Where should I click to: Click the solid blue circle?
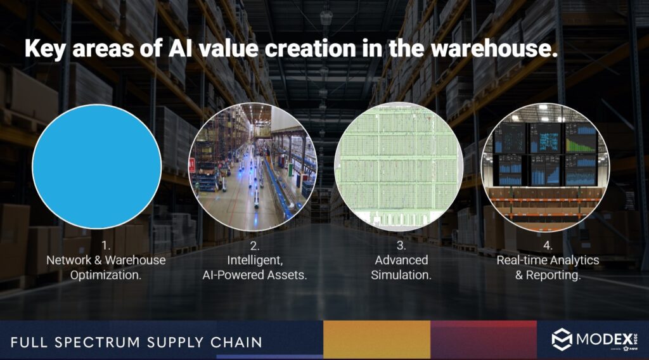pos(96,167)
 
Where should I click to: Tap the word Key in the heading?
pos(45,49)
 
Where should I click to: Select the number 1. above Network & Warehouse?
pos(105,245)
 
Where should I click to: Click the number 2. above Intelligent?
pos(254,245)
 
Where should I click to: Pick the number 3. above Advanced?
pos(401,245)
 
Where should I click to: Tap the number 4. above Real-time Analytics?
pos(548,245)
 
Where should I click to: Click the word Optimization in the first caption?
pos(106,275)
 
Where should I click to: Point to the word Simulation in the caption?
pos(401,275)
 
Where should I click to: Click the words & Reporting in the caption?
pos(548,275)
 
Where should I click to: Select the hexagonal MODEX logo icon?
pos(562,340)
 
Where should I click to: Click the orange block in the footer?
pos(376,340)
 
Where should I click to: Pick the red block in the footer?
pos(484,340)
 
